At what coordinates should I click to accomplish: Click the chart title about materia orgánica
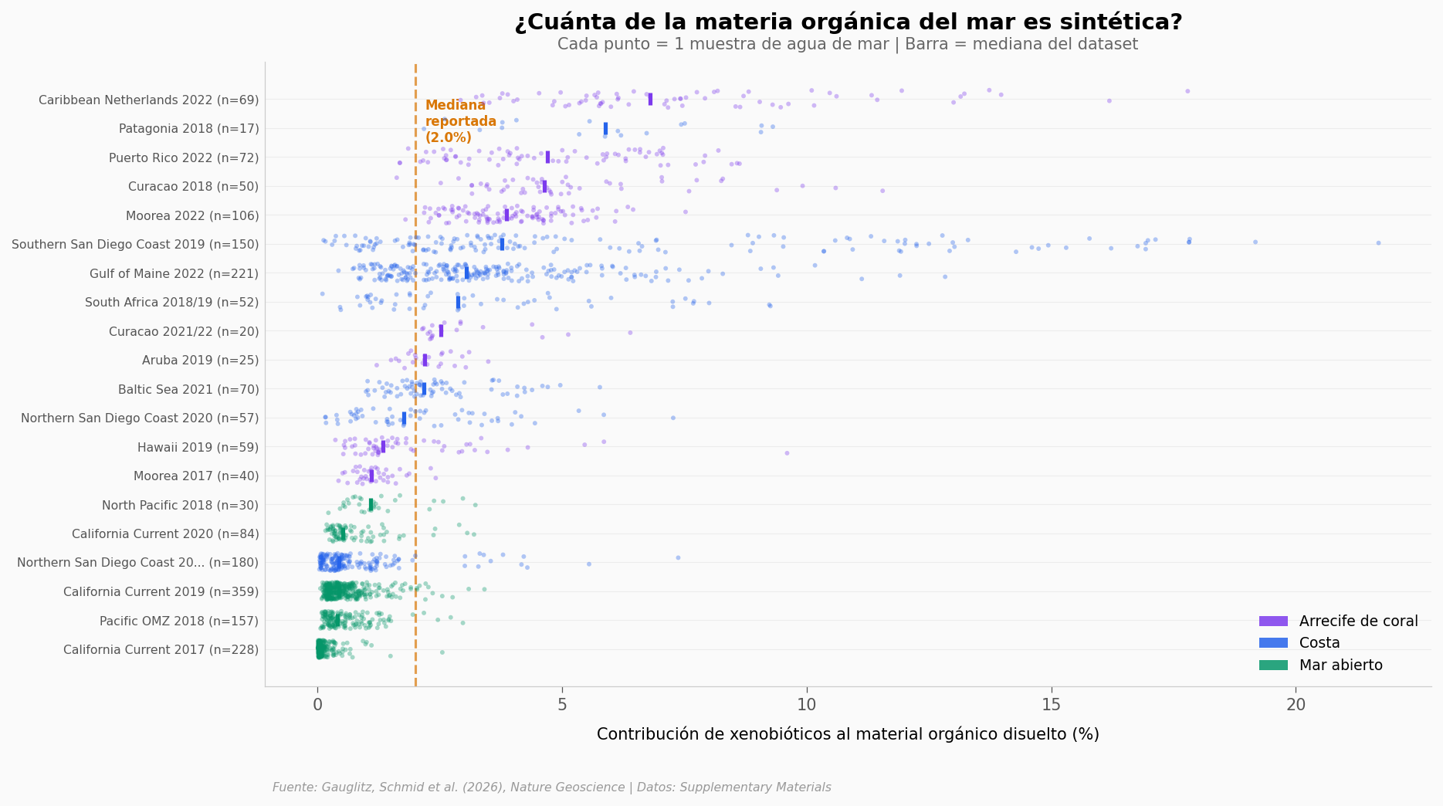click(848, 22)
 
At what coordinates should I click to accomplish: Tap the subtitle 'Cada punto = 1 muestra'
click(848, 44)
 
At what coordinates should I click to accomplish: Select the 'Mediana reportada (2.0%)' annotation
click(460, 122)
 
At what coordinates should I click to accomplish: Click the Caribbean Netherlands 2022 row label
click(148, 100)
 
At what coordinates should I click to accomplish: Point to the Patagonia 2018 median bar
click(605, 128)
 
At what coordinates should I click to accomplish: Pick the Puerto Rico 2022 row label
click(184, 157)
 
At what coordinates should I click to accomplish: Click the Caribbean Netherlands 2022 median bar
click(650, 99)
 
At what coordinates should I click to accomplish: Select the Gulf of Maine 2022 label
click(174, 273)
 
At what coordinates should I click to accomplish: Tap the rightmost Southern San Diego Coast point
click(1378, 243)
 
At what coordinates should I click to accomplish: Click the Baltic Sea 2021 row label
click(188, 389)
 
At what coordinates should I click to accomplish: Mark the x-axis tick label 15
click(1051, 705)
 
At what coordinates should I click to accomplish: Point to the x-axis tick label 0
click(317, 705)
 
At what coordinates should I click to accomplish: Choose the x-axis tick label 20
click(1296, 705)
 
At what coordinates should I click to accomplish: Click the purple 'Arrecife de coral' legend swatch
click(1273, 621)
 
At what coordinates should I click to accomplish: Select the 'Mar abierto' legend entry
click(1340, 665)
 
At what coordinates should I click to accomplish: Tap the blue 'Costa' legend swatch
click(1273, 643)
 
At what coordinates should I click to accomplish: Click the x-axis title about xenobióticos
click(848, 734)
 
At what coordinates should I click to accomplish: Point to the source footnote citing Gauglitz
click(551, 787)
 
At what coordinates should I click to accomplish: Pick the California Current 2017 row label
click(161, 649)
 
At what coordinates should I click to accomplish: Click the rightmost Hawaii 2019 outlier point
click(787, 453)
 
